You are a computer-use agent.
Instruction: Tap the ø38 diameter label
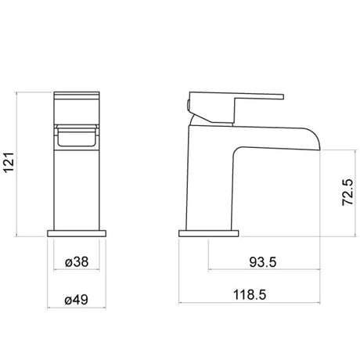[x=77, y=261]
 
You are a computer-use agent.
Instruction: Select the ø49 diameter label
[x=77, y=300]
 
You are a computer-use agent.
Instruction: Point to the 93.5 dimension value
[x=263, y=262]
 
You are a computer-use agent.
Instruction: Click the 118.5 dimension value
[x=250, y=295]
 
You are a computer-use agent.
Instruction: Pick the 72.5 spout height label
[x=347, y=193]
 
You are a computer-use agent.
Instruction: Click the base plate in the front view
[x=77, y=233]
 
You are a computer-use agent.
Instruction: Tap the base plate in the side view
[x=209, y=233]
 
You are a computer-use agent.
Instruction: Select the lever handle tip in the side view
[x=283, y=97]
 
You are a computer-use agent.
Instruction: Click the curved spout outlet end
[x=316, y=140]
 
